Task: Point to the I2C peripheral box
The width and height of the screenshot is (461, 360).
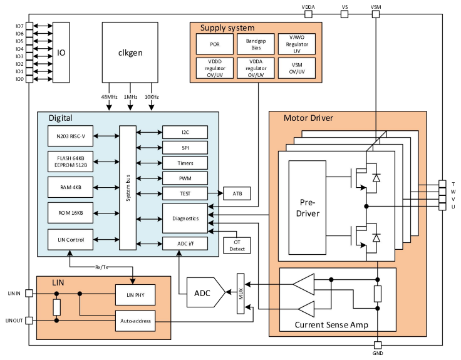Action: (185, 132)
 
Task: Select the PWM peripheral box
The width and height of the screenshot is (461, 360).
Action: (185, 178)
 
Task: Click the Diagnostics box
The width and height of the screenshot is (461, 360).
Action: (185, 219)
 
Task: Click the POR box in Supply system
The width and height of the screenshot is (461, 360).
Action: (214, 44)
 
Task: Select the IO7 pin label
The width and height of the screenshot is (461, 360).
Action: (19, 26)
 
